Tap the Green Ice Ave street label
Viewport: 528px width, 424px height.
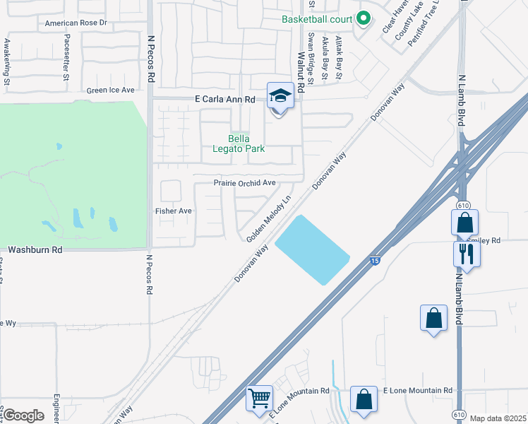tap(110, 90)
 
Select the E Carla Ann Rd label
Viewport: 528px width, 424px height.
tap(224, 100)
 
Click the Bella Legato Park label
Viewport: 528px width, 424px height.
tap(239, 143)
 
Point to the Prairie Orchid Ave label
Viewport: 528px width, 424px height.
tap(245, 183)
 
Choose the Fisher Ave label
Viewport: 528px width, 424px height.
tap(174, 211)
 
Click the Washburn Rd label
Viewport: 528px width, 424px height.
tap(35, 250)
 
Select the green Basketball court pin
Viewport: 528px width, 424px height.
tap(363, 18)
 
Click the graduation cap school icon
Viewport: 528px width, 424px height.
tap(280, 95)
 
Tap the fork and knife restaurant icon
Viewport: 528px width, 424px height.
tap(467, 254)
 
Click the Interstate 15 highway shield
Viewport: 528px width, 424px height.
tap(375, 261)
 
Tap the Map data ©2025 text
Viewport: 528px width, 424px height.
tap(498, 418)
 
